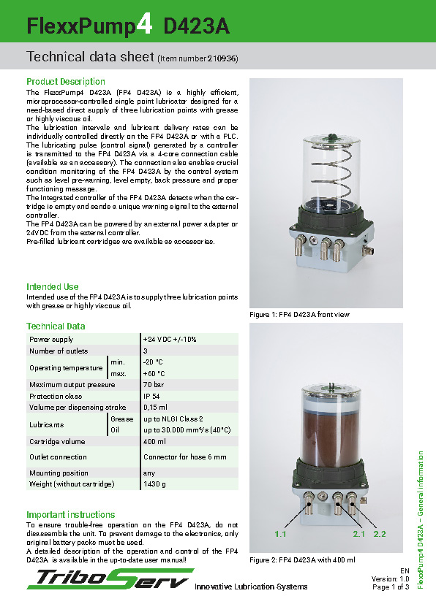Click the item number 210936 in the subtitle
[x=221, y=58]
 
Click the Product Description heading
[x=66, y=82]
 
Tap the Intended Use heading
[x=53, y=287]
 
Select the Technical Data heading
[x=56, y=326]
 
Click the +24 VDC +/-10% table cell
[x=170, y=340]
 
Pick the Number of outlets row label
[x=58, y=351]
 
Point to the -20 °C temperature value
[x=154, y=362]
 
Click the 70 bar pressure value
[x=154, y=385]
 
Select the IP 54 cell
[x=152, y=396]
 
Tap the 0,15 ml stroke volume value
[x=155, y=407]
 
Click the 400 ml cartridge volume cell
[x=154, y=442]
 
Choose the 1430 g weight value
[x=154, y=484]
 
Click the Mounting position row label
[x=59, y=473]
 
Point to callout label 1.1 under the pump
[x=279, y=535]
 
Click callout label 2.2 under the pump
[x=379, y=535]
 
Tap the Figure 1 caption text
[x=300, y=315]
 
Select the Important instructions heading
[x=71, y=515]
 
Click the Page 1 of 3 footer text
[x=391, y=587]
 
